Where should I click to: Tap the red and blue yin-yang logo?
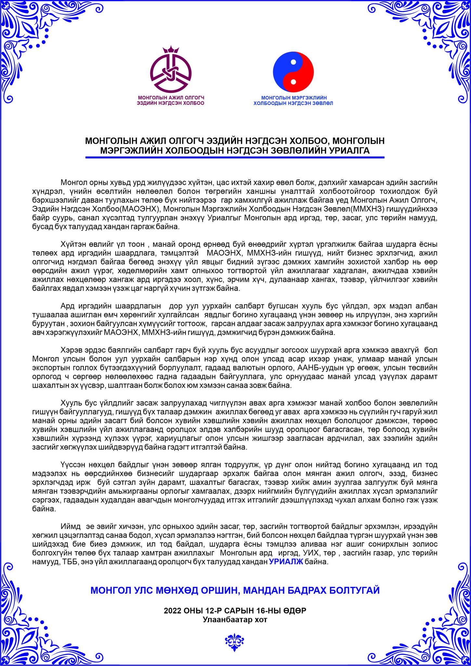click(x=293, y=72)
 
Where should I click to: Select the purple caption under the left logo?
click(x=171, y=100)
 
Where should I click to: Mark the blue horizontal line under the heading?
click(x=235, y=158)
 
